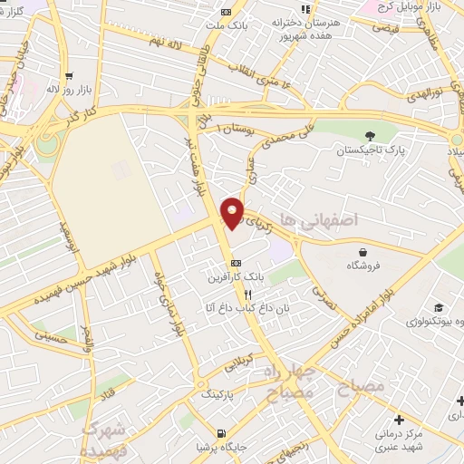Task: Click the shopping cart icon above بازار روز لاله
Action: click(x=70, y=76)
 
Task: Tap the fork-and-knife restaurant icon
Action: click(x=247, y=295)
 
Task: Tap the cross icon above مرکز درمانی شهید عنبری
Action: click(x=399, y=420)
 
